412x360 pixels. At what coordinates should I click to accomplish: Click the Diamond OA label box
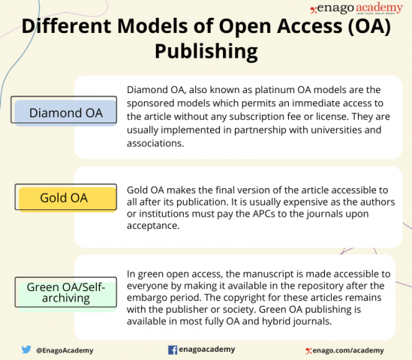click(x=66, y=112)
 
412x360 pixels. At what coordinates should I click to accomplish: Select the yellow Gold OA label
click(x=66, y=199)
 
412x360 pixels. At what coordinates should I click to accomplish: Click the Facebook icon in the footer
click(x=172, y=349)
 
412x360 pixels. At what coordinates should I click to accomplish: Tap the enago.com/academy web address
click(x=348, y=350)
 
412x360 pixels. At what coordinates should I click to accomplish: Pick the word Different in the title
click(x=68, y=27)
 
